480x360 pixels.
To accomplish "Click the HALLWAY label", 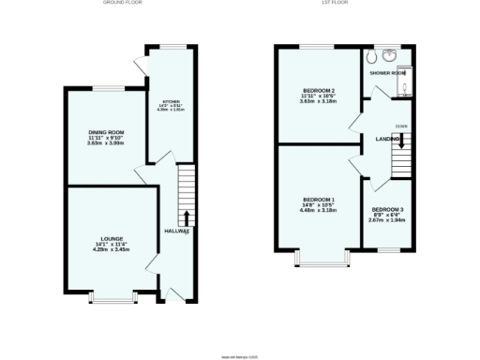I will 177,231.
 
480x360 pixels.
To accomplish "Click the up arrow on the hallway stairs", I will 186,218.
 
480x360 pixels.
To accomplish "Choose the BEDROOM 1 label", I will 319,199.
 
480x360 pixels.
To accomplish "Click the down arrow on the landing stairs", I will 401,142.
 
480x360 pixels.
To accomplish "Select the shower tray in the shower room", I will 404,86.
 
